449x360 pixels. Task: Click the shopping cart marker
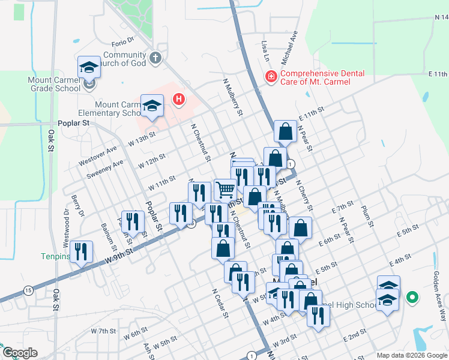225,190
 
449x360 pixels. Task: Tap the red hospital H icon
178,100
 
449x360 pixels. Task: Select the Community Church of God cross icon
155,58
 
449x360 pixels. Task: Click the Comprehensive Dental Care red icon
271,77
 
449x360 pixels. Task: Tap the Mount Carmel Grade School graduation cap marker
89,67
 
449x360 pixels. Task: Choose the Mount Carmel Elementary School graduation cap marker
152,106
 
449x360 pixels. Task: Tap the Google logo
19,353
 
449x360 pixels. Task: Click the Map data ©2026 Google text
412,355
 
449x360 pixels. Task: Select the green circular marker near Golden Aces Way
412,296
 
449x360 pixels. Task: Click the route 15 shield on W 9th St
28,290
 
